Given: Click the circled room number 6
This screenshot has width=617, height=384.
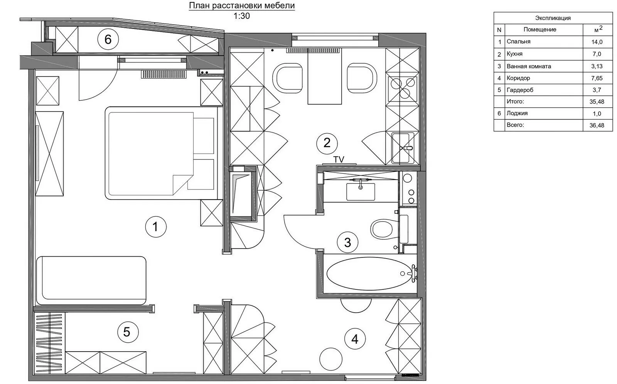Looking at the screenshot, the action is pyautogui.click(x=108, y=39).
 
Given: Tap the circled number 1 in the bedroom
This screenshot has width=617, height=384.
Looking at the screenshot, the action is pyautogui.click(x=156, y=227).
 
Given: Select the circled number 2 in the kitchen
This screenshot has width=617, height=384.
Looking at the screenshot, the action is pyautogui.click(x=327, y=143).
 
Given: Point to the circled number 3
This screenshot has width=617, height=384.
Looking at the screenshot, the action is pyautogui.click(x=347, y=242).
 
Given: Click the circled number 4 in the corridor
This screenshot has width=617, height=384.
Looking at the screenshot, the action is pyautogui.click(x=355, y=339).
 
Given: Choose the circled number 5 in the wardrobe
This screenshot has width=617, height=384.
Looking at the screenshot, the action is pyautogui.click(x=128, y=332).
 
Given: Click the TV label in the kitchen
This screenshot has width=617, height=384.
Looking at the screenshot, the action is pyautogui.click(x=339, y=159).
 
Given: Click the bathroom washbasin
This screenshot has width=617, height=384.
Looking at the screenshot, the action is pyautogui.click(x=361, y=191).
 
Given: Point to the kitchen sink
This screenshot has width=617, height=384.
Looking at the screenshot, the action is pyautogui.click(x=403, y=148).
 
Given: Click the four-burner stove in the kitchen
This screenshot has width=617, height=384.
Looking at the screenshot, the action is pyautogui.click(x=403, y=88).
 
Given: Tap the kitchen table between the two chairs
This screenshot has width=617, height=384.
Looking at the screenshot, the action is pyautogui.click(x=325, y=78).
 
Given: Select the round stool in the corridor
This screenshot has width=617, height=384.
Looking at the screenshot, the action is pyautogui.click(x=331, y=359).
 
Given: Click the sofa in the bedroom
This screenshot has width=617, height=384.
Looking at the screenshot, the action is pyautogui.click(x=91, y=281).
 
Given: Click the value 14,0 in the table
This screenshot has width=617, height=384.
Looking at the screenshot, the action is pyautogui.click(x=597, y=42).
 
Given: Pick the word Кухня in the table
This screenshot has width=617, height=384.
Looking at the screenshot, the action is pyautogui.click(x=514, y=54).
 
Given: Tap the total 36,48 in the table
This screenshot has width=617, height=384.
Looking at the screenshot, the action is pyautogui.click(x=597, y=125).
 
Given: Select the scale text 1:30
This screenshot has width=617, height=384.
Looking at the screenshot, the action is pyautogui.click(x=241, y=16).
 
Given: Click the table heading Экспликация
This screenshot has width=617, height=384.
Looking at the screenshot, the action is pyautogui.click(x=553, y=18).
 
